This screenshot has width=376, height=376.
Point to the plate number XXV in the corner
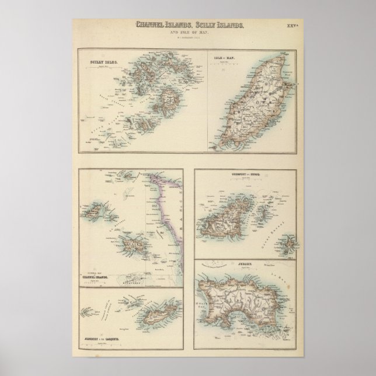tap(291, 26)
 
